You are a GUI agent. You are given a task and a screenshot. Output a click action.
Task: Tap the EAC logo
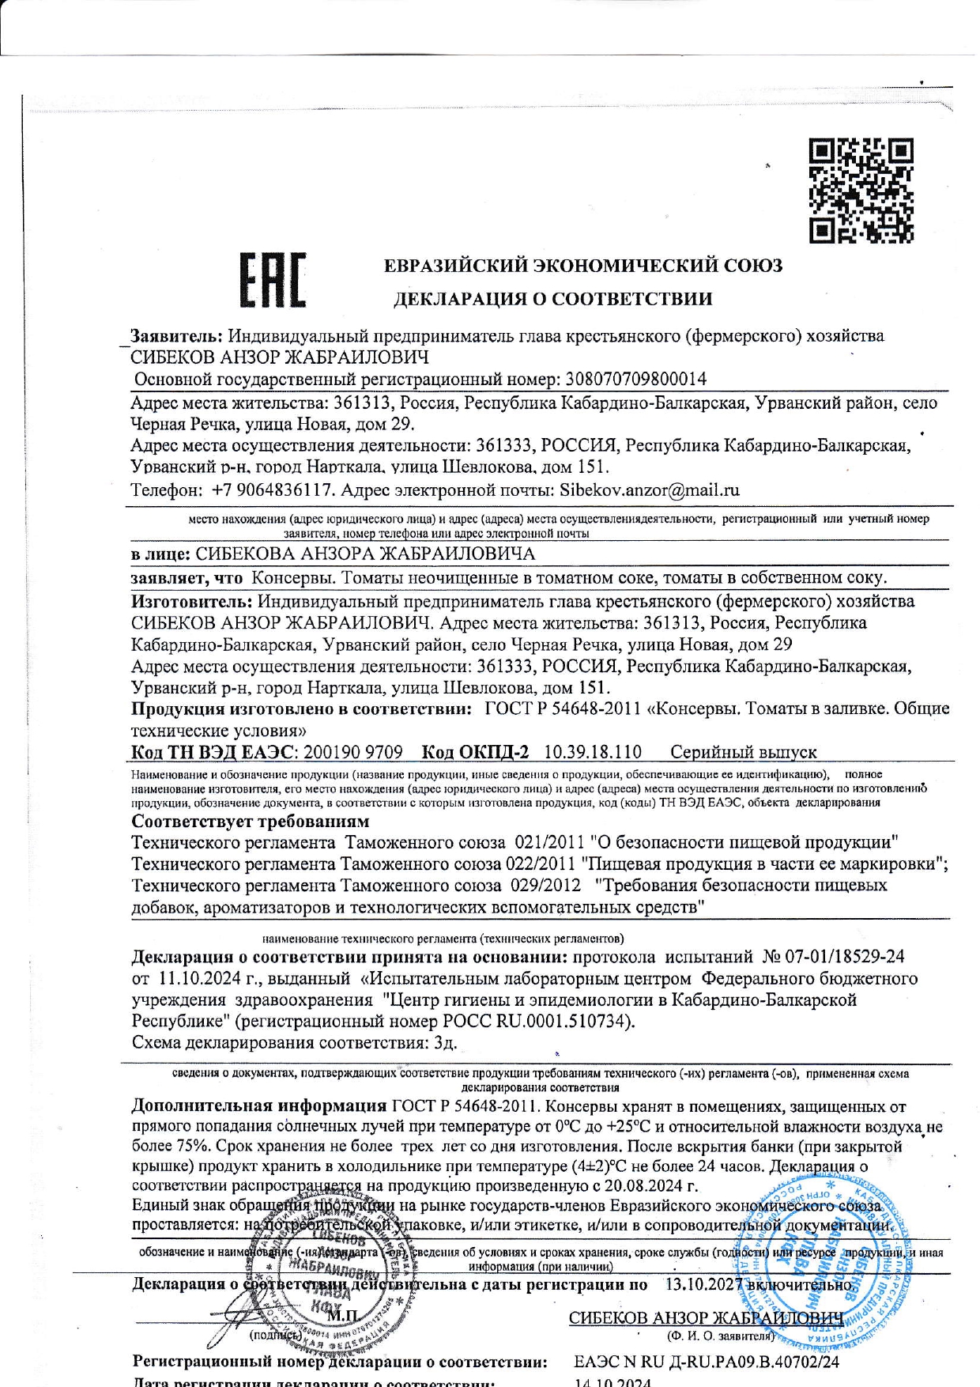273,281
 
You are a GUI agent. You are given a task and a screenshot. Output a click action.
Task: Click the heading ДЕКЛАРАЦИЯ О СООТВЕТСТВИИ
552,299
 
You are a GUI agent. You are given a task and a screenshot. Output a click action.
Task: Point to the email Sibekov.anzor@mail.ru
649,489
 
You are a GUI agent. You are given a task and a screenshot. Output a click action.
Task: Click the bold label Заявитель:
178,335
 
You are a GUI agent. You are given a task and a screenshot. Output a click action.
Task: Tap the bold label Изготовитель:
191,601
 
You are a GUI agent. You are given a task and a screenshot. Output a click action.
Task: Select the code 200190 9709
352,751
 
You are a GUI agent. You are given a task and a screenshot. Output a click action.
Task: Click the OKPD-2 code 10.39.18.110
593,751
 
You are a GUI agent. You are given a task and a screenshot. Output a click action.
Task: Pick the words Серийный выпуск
743,751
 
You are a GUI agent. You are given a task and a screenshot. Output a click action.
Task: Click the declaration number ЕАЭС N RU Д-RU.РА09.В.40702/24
707,1362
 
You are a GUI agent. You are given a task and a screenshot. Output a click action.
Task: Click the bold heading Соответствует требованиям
250,821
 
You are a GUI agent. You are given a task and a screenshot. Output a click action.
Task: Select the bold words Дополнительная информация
258,1105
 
